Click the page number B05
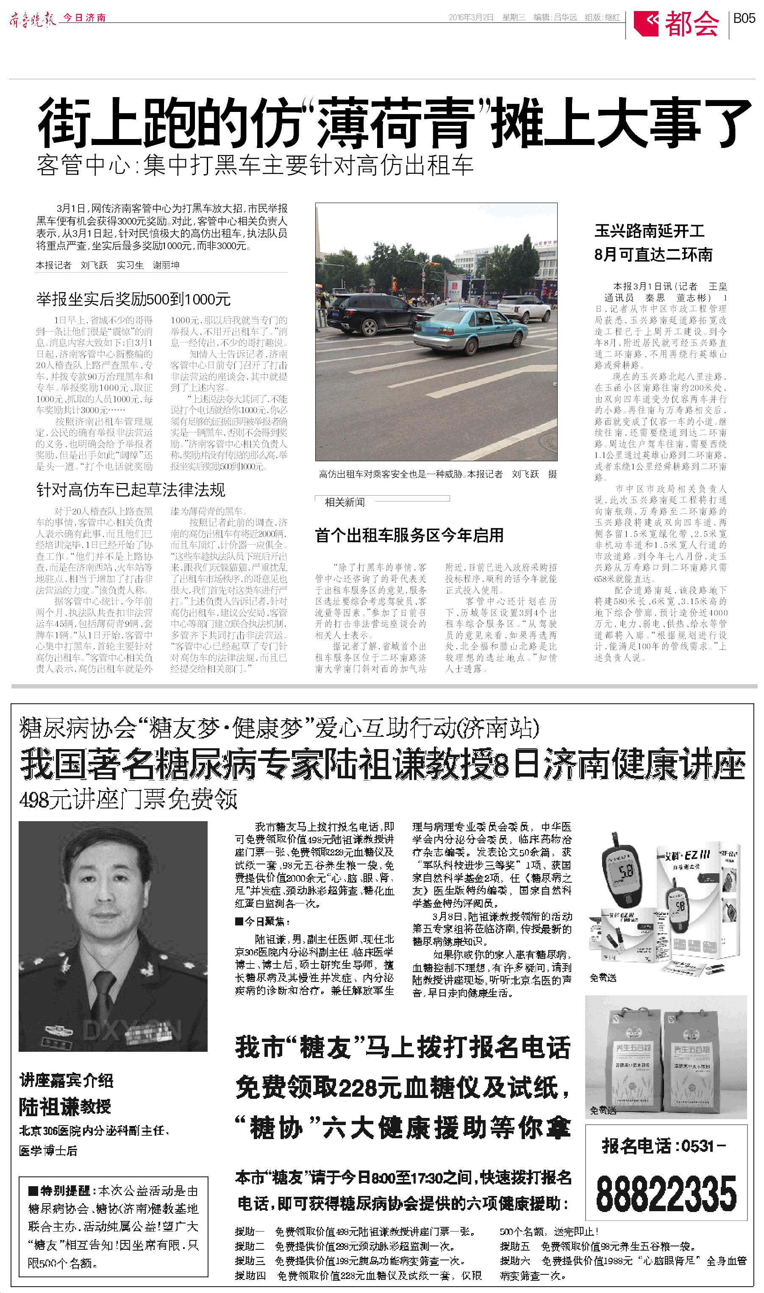click(x=744, y=19)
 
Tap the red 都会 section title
click(x=692, y=23)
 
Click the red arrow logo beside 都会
click(x=646, y=23)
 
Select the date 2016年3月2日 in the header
click(x=471, y=17)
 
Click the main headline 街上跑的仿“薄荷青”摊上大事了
click(x=394, y=124)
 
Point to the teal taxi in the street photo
click(x=469, y=329)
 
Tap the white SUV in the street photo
click(x=524, y=307)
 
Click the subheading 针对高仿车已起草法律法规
click(x=131, y=489)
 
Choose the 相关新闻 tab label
click(x=344, y=502)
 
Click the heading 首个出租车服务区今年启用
click(x=409, y=535)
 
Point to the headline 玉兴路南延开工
click(x=649, y=231)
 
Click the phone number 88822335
click(x=666, y=1194)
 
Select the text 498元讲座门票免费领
click(x=128, y=800)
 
